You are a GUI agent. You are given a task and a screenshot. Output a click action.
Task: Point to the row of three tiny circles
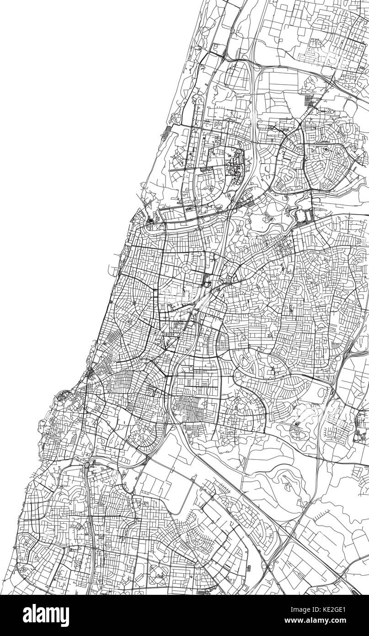(x=329, y=111)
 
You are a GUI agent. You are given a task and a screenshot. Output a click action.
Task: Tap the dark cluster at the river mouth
(x=151, y=221)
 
